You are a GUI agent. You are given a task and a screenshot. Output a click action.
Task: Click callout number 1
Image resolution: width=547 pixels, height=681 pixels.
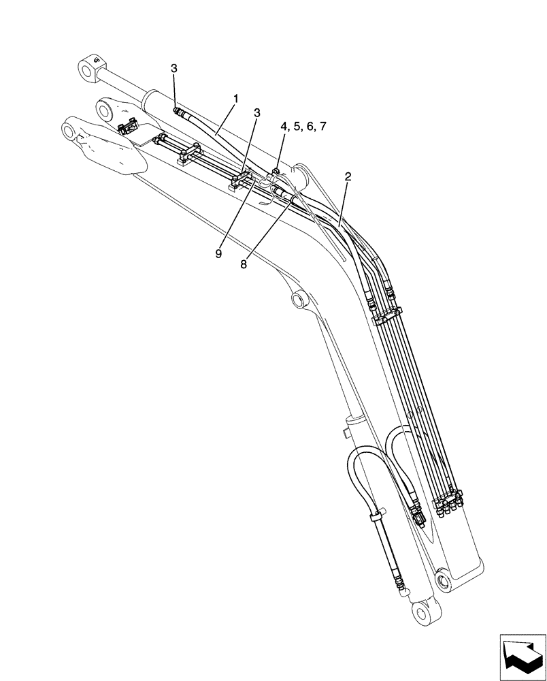coord(235,99)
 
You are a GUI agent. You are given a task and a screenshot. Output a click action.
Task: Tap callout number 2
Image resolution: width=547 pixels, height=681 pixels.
coord(348,176)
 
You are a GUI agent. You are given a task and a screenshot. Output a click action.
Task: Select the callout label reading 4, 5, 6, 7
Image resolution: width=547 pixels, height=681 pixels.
coord(303,127)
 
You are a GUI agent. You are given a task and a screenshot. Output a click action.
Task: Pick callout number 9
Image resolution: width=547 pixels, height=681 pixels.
coord(219,253)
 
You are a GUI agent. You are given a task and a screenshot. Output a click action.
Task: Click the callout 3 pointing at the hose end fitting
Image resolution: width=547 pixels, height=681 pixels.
coord(174,68)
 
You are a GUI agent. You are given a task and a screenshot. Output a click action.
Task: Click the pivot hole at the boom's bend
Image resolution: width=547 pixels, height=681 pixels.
coord(297,299)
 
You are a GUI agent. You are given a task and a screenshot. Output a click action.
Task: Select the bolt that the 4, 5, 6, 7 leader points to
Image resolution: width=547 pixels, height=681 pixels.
coord(276,172)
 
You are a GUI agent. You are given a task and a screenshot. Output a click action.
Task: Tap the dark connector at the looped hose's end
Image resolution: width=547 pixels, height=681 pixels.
coord(420,520)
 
